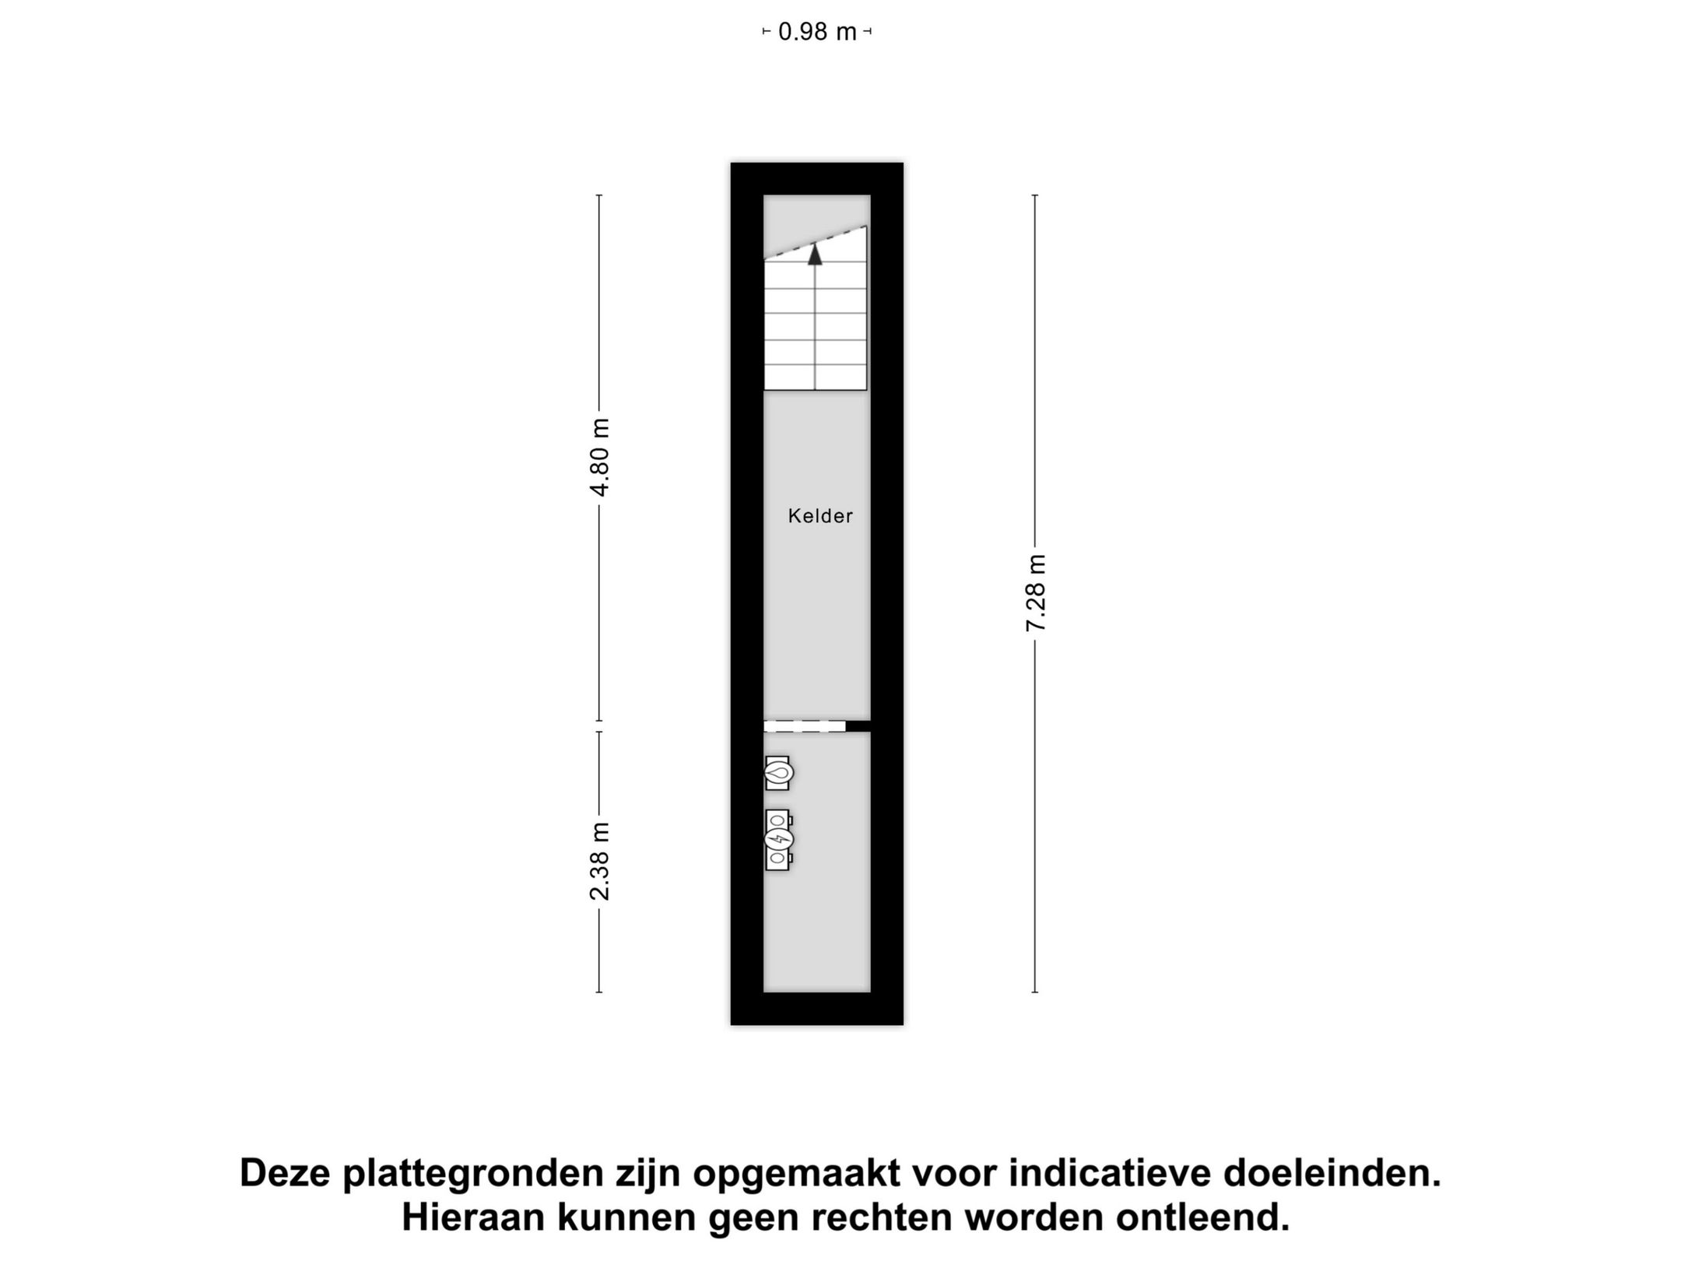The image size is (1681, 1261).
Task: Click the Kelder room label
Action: click(x=820, y=516)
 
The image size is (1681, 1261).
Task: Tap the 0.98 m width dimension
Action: click(x=817, y=32)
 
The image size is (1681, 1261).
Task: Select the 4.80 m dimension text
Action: click(x=600, y=457)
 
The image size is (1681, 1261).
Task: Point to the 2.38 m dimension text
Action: click(x=600, y=861)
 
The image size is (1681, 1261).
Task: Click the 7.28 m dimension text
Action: click(x=1036, y=593)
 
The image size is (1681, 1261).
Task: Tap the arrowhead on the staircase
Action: click(x=815, y=255)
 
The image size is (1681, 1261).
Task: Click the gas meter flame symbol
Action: click(x=778, y=773)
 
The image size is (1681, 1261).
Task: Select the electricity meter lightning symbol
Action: click(x=778, y=839)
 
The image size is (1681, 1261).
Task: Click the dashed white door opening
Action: click(x=804, y=726)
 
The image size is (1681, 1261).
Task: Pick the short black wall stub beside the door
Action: click(x=858, y=726)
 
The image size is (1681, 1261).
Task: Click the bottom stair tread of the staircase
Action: click(x=815, y=376)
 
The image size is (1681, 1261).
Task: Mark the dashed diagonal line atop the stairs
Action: click(x=815, y=242)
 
